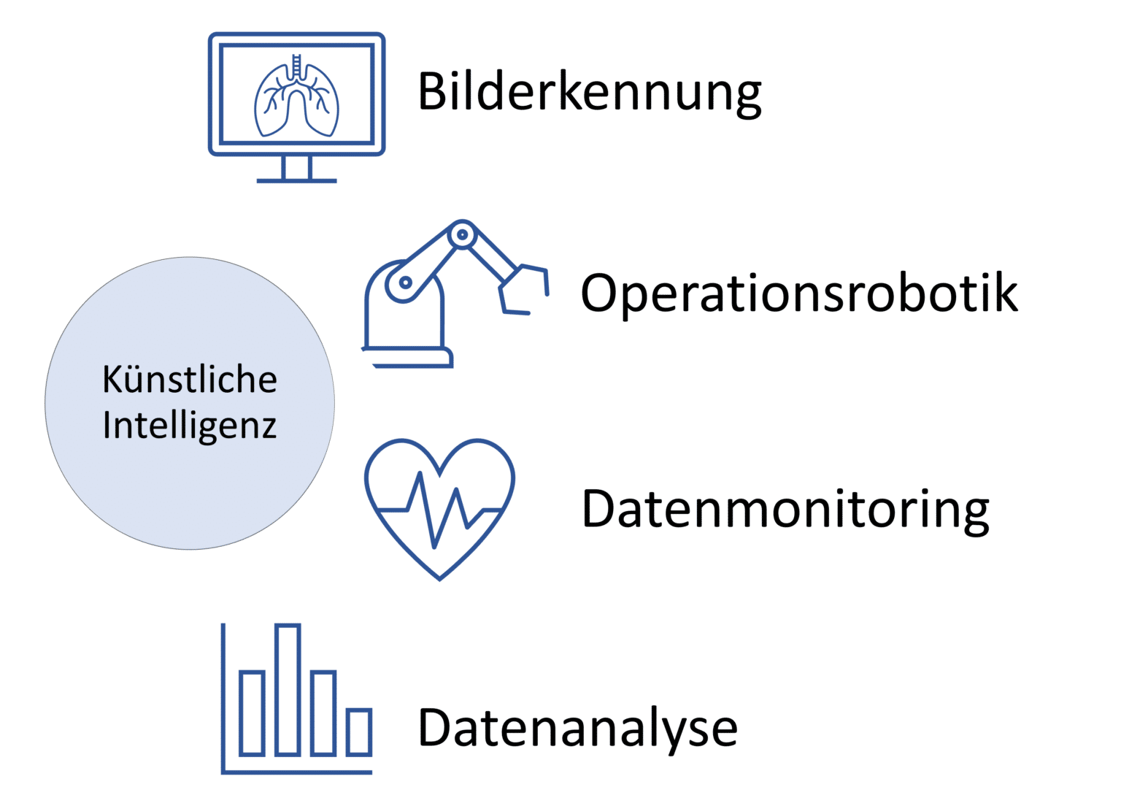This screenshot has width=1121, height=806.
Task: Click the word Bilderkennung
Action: (x=589, y=92)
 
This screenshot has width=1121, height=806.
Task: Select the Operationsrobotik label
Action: (x=798, y=293)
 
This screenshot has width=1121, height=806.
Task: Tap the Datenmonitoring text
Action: (x=785, y=509)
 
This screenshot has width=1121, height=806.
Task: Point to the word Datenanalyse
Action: (x=577, y=727)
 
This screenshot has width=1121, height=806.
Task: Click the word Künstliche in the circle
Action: (x=190, y=380)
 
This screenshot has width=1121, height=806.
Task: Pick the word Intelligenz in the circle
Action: (x=190, y=426)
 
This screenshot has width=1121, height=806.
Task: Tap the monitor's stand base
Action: (x=296, y=179)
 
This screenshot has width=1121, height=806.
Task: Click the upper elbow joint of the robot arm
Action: (x=462, y=235)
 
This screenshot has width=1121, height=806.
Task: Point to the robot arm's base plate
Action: (x=409, y=358)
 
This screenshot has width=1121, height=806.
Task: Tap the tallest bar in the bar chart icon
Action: (x=288, y=689)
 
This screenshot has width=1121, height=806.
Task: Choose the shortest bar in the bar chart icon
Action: (x=359, y=732)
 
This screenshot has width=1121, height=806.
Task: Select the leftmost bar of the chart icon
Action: (x=252, y=713)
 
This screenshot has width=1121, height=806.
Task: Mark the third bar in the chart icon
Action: (x=323, y=713)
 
